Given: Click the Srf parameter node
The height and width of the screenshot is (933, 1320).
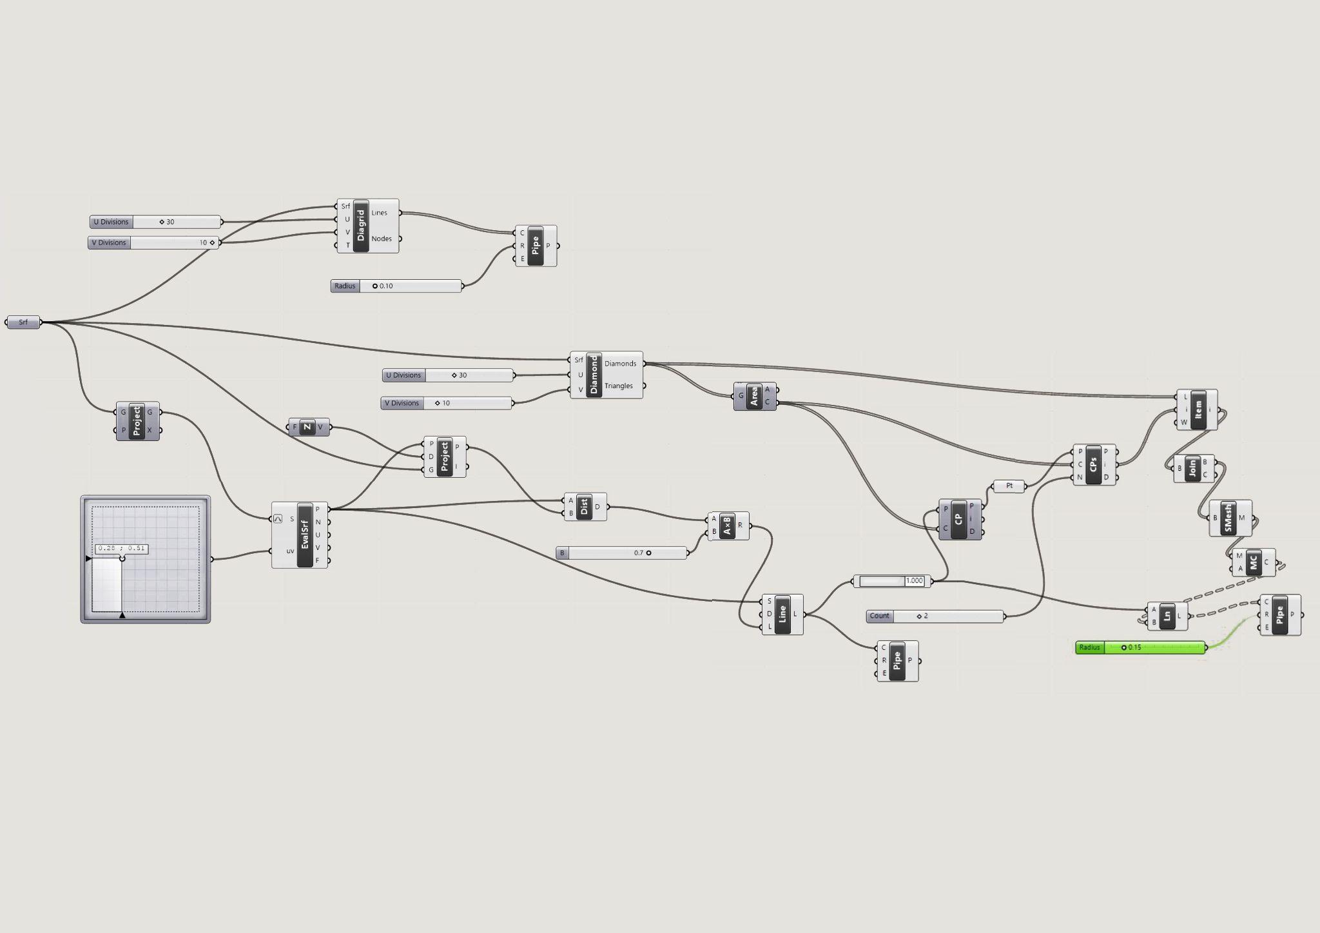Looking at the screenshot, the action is (23, 322).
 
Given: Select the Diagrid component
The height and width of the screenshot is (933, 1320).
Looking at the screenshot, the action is (361, 226).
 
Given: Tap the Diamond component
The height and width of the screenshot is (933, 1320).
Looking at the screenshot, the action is (594, 375).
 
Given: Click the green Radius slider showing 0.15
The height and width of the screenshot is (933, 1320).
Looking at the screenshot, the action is (1140, 647).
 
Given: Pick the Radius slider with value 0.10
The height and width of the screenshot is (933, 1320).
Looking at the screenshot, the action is (396, 286).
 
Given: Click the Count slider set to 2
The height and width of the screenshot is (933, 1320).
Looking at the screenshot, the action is (935, 616).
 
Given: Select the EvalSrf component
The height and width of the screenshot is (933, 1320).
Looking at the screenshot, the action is (305, 535).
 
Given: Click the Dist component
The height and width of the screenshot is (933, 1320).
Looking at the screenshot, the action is (585, 507).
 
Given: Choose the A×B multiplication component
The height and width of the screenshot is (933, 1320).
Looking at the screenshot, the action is (728, 526).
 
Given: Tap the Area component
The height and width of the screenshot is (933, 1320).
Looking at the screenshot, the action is (754, 396).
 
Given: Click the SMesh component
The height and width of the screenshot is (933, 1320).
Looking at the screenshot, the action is (1228, 518).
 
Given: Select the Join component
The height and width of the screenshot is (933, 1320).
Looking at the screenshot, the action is (1192, 469).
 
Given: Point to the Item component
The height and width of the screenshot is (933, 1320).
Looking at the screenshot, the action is (1198, 409).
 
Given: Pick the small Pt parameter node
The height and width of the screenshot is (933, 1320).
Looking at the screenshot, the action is (1009, 486).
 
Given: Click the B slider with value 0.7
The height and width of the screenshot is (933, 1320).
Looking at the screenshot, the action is (621, 553).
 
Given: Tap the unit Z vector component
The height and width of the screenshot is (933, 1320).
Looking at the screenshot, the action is (308, 427).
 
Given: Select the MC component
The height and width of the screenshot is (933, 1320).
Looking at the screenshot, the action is (1253, 562).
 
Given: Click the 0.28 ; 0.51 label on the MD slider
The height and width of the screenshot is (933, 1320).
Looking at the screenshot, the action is (122, 549).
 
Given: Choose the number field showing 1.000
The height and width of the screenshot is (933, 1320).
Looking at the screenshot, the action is (892, 581).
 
